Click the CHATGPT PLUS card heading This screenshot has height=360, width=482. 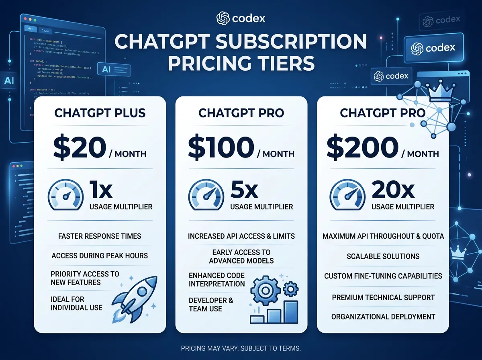pos(100,113)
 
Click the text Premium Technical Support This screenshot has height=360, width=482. pos(383,298)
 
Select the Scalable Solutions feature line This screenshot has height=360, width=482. pos(383,256)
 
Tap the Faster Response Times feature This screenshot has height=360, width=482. pos(100,236)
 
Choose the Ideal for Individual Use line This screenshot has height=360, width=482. pos(76,303)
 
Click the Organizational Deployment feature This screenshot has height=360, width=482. pos(383,317)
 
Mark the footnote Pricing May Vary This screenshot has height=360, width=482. pos(241,348)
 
